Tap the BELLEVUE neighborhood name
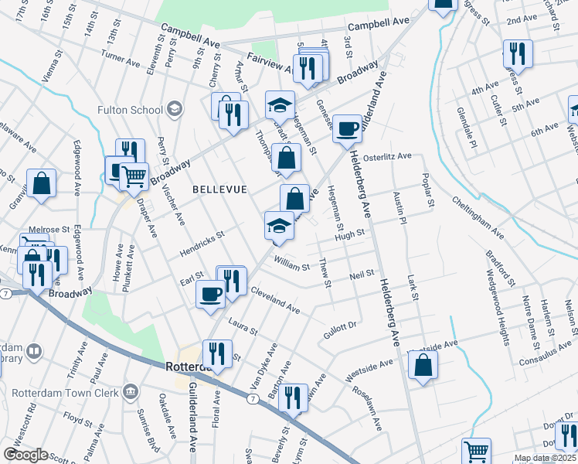point(219,189)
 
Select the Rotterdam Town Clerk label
point(66,392)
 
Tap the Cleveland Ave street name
point(275,302)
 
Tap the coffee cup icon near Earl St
point(211,293)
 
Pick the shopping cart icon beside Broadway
point(134,176)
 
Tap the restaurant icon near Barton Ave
point(293,397)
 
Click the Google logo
point(25,455)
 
